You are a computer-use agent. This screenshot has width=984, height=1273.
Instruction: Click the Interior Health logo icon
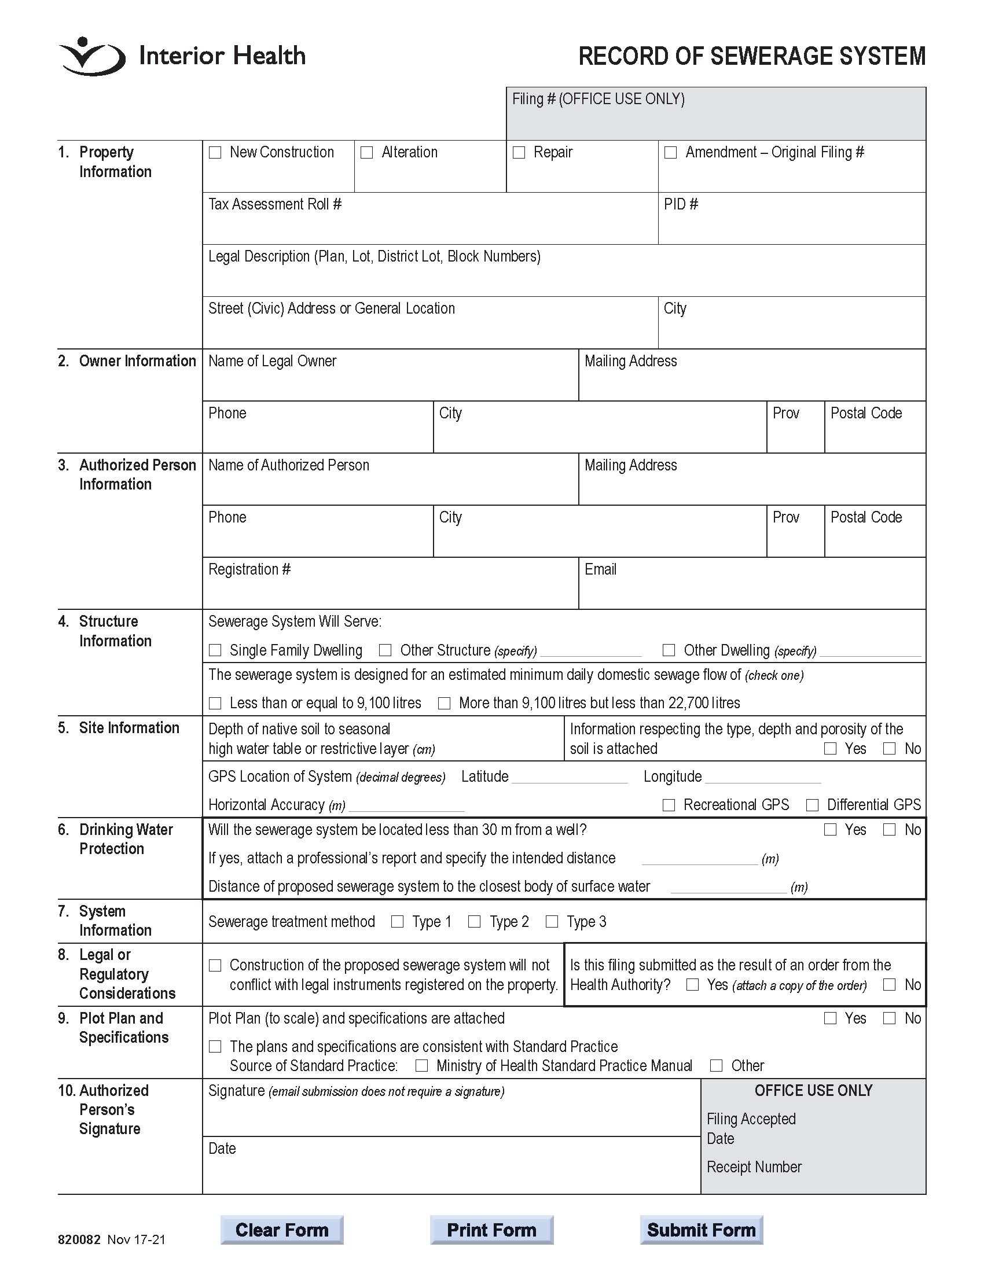click(92, 57)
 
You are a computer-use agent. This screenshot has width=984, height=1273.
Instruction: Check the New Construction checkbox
click(215, 153)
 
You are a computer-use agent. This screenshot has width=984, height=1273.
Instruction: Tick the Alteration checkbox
click(366, 153)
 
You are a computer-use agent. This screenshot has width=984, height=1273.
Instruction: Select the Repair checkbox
click(519, 153)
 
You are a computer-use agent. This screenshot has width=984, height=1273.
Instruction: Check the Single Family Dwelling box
click(215, 650)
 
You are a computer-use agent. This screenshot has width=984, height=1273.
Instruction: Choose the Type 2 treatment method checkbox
click(475, 922)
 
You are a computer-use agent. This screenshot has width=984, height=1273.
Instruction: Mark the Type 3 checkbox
click(552, 922)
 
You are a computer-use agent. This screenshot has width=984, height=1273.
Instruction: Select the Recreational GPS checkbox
click(669, 805)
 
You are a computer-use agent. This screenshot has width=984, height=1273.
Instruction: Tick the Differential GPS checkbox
click(812, 805)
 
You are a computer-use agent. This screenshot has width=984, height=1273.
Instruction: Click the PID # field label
click(681, 205)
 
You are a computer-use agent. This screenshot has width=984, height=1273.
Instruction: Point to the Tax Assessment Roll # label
click(274, 205)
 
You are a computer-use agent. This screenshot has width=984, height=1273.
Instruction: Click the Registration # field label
click(249, 569)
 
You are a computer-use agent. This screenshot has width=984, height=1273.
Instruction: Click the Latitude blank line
click(569, 778)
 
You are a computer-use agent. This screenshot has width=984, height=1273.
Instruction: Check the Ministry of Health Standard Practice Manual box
click(421, 1066)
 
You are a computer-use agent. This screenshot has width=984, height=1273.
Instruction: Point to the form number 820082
click(79, 1240)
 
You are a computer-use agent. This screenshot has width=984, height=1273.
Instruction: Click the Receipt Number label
click(754, 1167)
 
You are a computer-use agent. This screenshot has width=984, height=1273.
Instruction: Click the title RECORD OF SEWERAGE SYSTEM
click(751, 57)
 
